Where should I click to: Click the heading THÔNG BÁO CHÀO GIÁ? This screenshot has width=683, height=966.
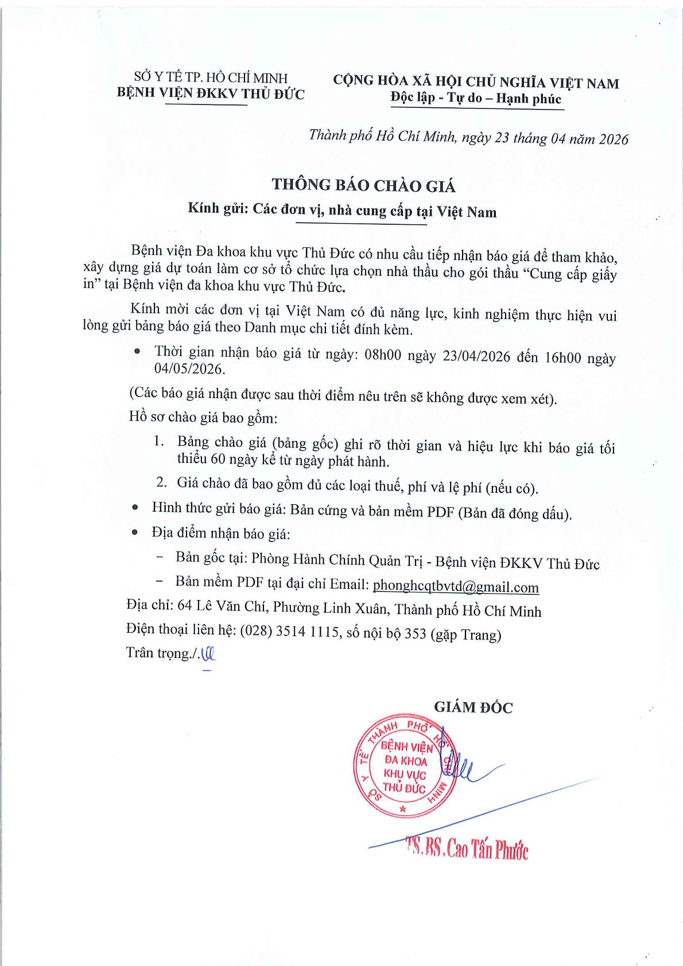tap(364, 185)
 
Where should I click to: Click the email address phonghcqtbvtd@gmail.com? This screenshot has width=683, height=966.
tap(456, 586)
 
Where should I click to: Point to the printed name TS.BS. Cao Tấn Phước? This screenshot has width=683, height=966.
tap(467, 847)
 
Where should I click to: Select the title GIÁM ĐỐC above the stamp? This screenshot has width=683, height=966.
tap(473, 707)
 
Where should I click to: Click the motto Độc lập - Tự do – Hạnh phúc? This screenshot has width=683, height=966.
tap(476, 98)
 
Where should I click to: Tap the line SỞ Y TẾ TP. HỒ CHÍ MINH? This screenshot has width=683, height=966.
tap(211, 77)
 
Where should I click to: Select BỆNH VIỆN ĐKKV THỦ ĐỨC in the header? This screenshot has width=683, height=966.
tap(211, 93)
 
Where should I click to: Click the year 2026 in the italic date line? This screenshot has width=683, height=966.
tap(614, 139)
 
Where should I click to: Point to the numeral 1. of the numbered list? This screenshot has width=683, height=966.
tap(160, 441)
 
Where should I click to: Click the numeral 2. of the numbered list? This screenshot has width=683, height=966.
tap(161, 482)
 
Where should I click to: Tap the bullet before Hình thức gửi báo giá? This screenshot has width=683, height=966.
tap(135, 507)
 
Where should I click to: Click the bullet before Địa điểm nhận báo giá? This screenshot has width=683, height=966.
tap(135, 532)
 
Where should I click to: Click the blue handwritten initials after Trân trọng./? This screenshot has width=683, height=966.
tap(207, 654)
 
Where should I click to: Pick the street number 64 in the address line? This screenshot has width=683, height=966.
tap(185, 605)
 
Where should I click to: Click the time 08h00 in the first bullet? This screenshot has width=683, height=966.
tap(383, 355)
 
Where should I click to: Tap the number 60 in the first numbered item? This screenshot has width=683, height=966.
tap(218, 459)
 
